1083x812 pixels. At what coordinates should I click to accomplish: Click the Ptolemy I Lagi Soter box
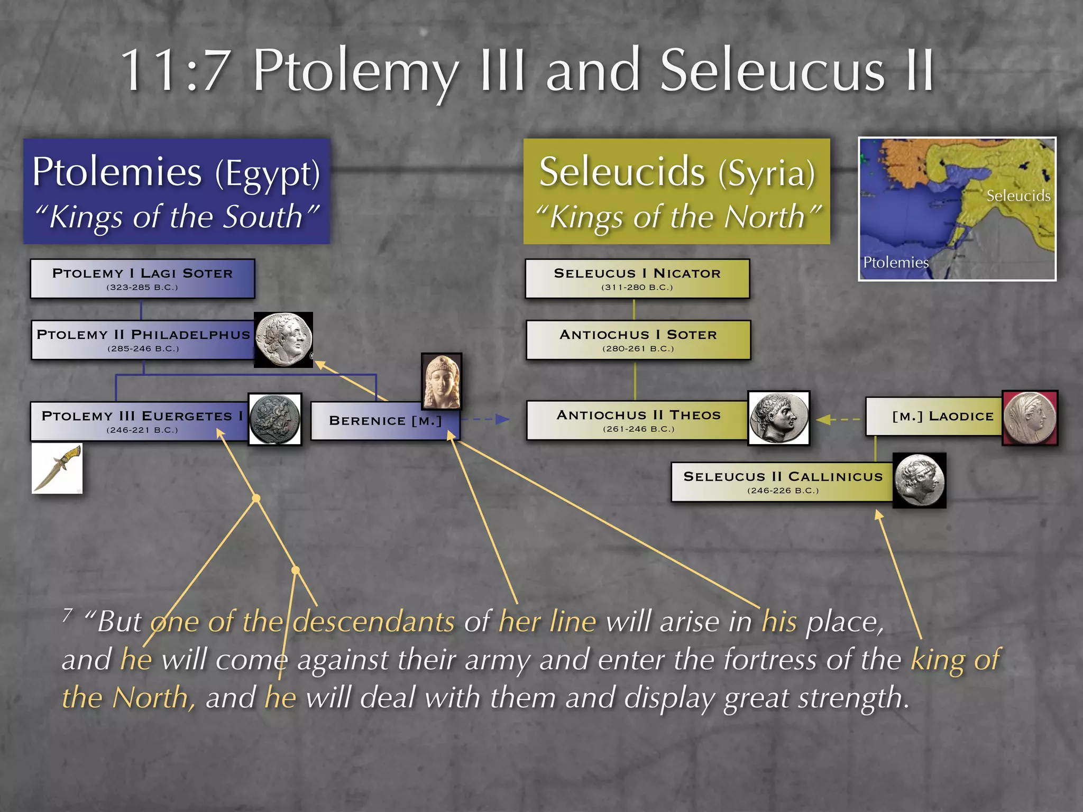(x=142, y=279)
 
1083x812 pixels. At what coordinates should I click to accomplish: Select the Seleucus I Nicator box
(x=637, y=279)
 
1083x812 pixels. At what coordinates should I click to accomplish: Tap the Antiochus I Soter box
(x=638, y=340)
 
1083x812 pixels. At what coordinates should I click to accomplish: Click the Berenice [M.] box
(x=384, y=421)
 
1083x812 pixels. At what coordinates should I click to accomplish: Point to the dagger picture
(x=57, y=468)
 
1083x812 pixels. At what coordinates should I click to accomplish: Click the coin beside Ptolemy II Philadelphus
(x=283, y=339)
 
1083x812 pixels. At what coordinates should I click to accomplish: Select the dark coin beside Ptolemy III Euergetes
(x=275, y=419)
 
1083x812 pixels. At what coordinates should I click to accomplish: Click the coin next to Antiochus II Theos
(x=778, y=418)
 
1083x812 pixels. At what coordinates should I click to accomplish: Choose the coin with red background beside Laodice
(x=1030, y=418)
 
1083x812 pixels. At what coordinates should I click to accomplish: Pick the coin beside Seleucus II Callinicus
(x=919, y=481)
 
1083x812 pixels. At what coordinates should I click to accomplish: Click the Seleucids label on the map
(x=1018, y=196)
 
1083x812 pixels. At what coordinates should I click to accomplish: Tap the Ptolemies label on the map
(x=895, y=262)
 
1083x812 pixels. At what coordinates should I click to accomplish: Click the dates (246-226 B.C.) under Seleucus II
(x=783, y=491)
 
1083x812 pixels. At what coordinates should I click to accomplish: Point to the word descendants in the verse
(x=374, y=621)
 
